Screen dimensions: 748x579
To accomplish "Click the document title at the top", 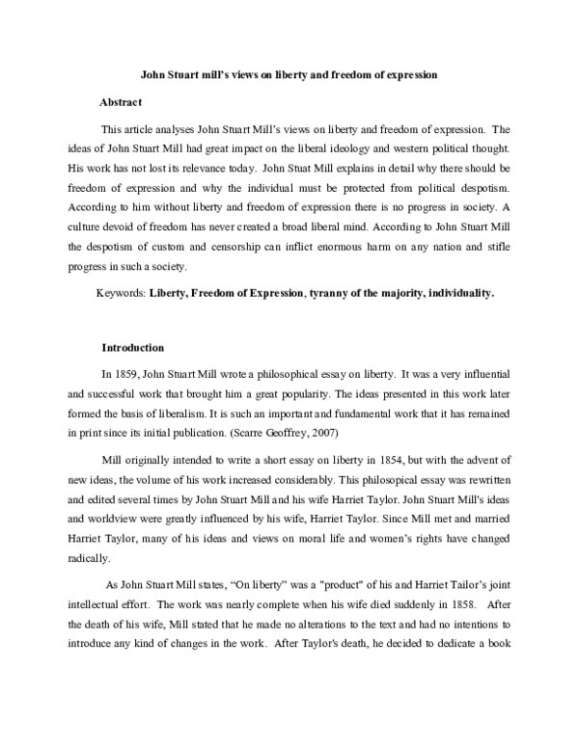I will click(289, 74).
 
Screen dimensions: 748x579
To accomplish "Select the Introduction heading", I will click(133, 347).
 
